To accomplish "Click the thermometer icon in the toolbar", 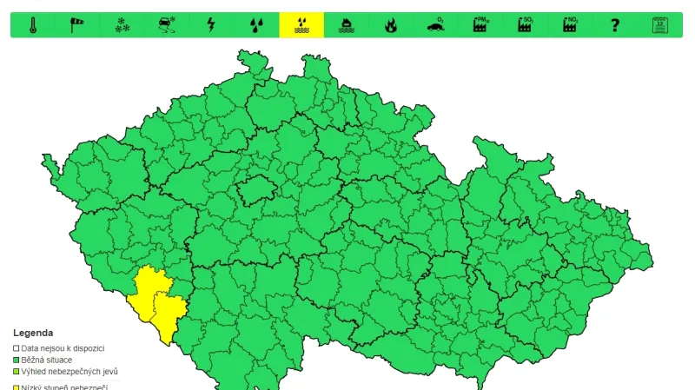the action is tap(33, 25).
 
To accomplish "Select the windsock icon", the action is tap(77, 25).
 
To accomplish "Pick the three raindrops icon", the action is tap(256, 25).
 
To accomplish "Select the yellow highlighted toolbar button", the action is tap(301, 25).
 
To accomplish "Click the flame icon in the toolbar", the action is tap(390, 25).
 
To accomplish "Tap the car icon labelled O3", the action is tap(435, 25).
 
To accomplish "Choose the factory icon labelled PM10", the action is tap(480, 25).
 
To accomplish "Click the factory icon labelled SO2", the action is tap(525, 25).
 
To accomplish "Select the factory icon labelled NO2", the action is tap(570, 25).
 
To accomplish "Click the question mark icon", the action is tap(615, 25).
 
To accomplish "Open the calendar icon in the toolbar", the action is tap(659, 25).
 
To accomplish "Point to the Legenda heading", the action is tap(32, 333).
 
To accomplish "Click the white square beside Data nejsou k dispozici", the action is tap(16, 348).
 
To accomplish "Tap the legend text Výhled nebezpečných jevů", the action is tap(69, 372).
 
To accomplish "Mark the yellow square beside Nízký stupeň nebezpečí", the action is tap(16, 387).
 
